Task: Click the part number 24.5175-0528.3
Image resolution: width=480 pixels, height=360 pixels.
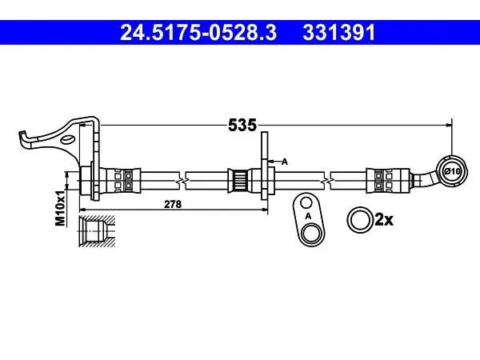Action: coord(198,33)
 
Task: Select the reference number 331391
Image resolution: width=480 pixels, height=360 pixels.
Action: coord(339,33)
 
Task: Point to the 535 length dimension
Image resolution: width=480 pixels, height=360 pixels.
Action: coord(242,125)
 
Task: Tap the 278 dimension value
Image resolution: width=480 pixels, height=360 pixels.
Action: coord(173,204)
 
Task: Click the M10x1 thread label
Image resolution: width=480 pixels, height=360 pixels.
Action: coord(60,208)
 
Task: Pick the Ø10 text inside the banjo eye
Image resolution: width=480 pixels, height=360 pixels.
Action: coord(452,171)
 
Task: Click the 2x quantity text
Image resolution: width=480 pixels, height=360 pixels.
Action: coord(384,219)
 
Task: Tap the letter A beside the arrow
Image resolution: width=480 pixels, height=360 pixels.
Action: coord(285,162)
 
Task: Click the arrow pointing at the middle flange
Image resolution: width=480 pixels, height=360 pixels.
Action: coord(274,161)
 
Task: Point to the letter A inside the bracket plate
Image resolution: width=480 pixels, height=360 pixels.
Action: coord(308,216)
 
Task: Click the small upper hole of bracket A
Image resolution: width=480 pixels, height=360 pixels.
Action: coord(306,202)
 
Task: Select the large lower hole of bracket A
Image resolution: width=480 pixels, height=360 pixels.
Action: coord(310,234)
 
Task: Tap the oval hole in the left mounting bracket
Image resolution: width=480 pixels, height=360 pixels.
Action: coord(67,139)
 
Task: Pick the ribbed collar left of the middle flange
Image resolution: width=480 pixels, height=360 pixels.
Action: coord(240,181)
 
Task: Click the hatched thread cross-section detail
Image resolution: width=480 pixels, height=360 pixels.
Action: coord(97,230)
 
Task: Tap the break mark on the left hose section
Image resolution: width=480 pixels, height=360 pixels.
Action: coord(182,181)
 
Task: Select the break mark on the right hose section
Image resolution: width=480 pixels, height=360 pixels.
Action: coord(327,181)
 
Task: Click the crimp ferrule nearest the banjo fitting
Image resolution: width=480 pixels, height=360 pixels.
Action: coord(388,181)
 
